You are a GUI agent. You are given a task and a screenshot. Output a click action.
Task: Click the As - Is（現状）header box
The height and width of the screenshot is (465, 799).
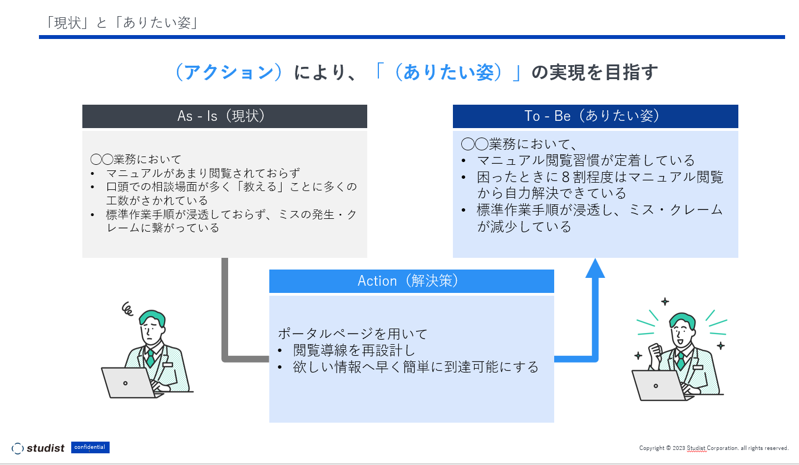(224, 116)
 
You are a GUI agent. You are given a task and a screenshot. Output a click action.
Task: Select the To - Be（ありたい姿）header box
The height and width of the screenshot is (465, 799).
(595, 116)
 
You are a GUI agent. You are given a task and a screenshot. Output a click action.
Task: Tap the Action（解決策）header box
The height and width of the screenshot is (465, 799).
(411, 281)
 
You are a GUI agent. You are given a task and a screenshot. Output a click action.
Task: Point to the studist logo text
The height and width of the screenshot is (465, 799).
(46, 448)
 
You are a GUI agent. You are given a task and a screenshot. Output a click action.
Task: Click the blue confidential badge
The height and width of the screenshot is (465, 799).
(90, 447)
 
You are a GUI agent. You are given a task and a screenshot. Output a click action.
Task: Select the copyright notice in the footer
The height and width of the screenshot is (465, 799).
(714, 448)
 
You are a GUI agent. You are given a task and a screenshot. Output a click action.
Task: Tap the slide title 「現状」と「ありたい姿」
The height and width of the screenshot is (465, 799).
(123, 23)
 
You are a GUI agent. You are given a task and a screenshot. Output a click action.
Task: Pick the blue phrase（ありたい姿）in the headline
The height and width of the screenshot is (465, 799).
(448, 73)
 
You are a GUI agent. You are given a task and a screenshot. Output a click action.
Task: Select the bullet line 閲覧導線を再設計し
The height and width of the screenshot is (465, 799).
(354, 350)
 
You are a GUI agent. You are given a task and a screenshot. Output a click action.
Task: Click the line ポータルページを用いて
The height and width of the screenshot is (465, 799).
(353, 334)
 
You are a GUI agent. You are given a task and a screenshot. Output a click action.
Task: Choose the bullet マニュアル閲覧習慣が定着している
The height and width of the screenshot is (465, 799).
(586, 161)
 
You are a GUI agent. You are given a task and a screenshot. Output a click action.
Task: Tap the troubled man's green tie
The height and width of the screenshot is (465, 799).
(150, 358)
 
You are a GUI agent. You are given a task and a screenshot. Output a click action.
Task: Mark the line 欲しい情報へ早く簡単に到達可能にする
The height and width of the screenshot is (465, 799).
(416, 367)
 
